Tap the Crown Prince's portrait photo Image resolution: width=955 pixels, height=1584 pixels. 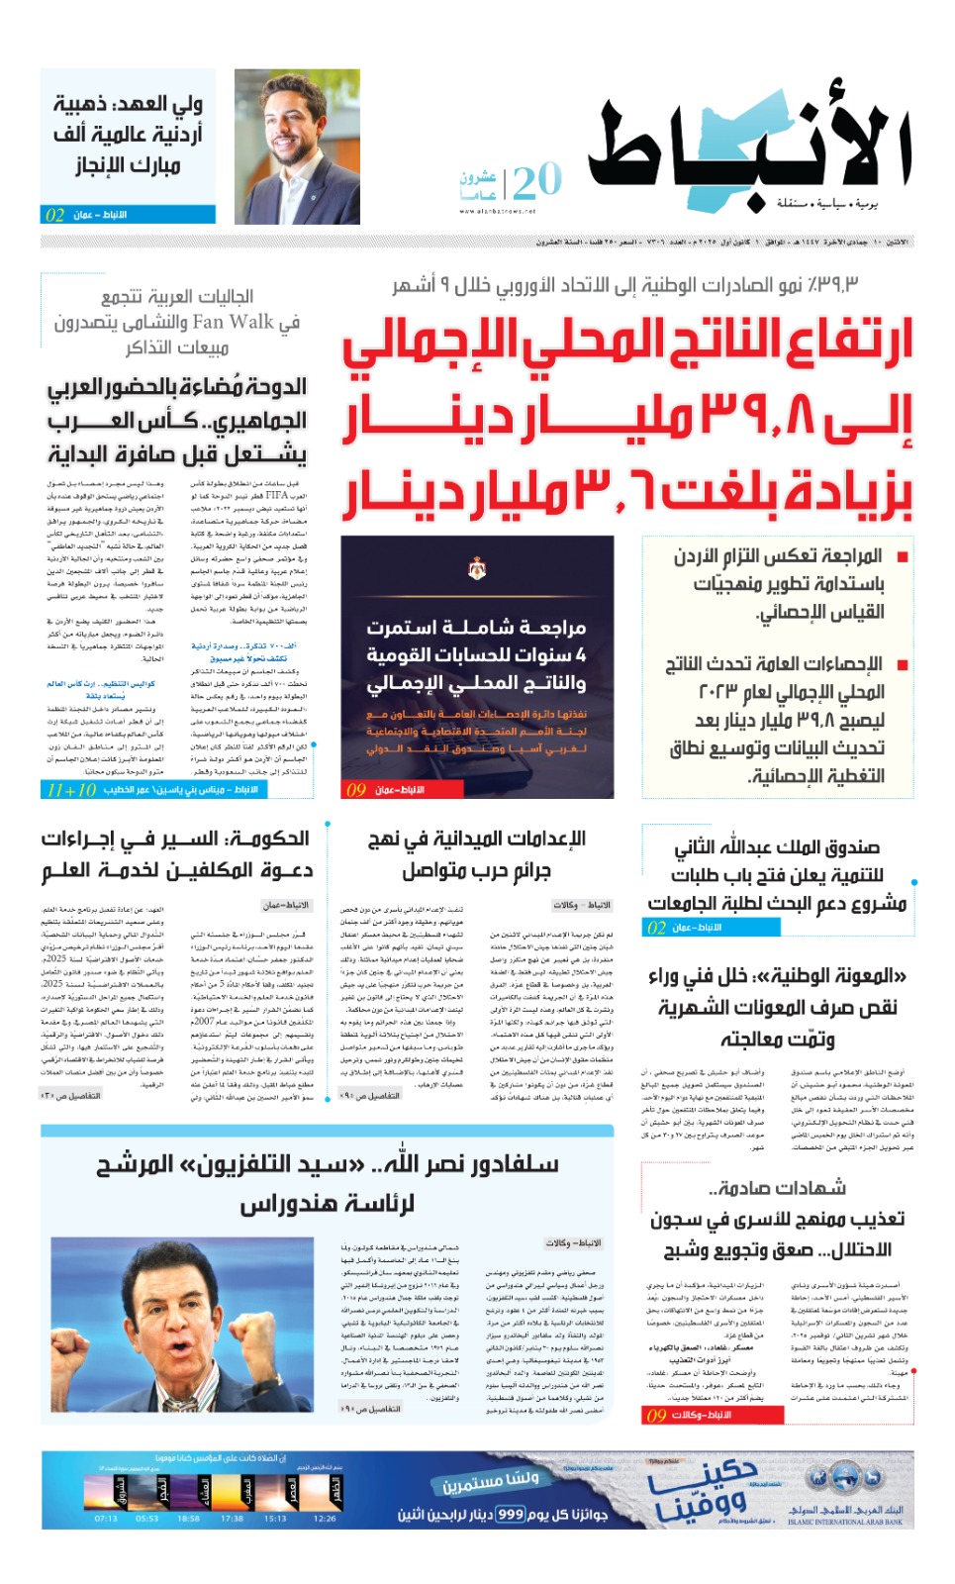297,147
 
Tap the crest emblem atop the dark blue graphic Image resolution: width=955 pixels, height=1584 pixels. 476,568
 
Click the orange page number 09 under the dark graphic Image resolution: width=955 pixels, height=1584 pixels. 355,789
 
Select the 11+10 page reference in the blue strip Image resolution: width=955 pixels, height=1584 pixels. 71,789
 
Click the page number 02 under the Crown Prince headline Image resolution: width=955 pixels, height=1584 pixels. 54,215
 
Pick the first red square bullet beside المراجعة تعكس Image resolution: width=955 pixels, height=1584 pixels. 902,556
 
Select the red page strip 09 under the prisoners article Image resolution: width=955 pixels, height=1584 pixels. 655,1415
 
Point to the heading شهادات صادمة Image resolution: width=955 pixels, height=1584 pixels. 777,1188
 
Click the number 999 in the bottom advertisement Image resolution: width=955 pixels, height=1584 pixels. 511,1514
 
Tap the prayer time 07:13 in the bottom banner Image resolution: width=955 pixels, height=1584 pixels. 106,1518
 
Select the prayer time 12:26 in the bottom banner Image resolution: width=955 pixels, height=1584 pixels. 325,1518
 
